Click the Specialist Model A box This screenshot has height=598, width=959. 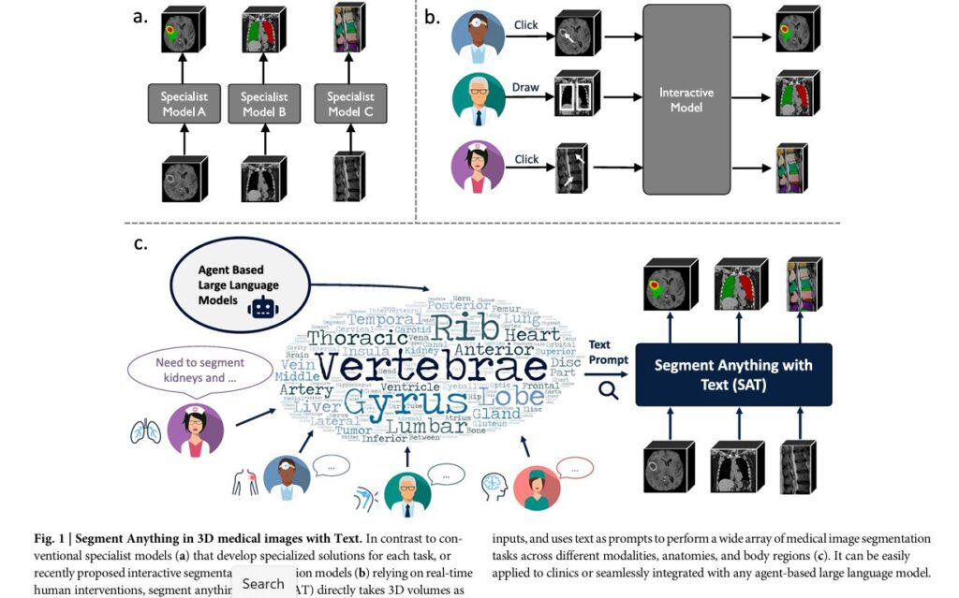pos(184,105)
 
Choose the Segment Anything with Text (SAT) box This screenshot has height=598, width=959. pos(732,373)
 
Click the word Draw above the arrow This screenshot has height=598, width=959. pos(525,87)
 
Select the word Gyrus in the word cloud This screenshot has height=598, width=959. pos(406,403)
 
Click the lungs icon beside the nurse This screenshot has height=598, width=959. pos(145,431)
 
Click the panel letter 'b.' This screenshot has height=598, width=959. pos(432,16)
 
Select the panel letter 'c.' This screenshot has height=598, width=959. pos(141,244)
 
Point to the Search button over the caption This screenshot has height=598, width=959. pos(263,583)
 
